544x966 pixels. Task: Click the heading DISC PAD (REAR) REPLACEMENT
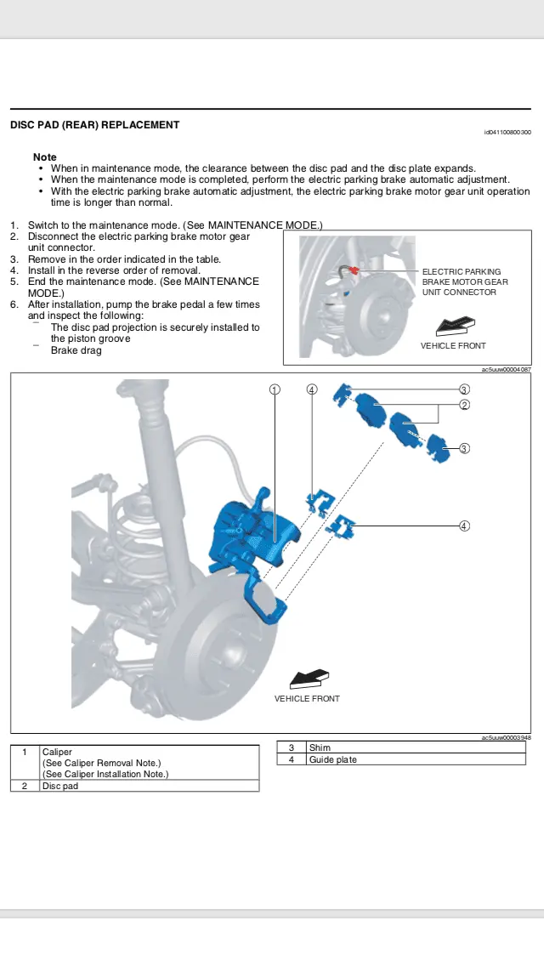coord(94,125)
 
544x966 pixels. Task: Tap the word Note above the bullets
coord(44,157)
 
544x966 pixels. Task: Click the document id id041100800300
coord(507,133)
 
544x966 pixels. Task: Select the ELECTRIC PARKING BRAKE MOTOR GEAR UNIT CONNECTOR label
coord(465,281)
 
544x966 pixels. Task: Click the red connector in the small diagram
coord(354,270)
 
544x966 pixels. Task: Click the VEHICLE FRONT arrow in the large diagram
coord(308,679)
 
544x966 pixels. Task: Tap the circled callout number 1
coord(275,389)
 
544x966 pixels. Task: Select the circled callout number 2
coord(464,405)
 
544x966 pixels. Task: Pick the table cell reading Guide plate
coord(332,759)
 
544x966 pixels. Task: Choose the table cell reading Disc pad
coord(59,787)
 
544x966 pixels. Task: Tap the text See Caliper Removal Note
coord(101,764)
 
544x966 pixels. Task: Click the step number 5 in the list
coord(14,281)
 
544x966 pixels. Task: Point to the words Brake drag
coord(76,350)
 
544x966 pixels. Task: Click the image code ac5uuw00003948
coord(506,738)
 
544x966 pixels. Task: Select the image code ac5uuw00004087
coord(506,370)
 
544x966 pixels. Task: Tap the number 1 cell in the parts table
coord(25,753)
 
